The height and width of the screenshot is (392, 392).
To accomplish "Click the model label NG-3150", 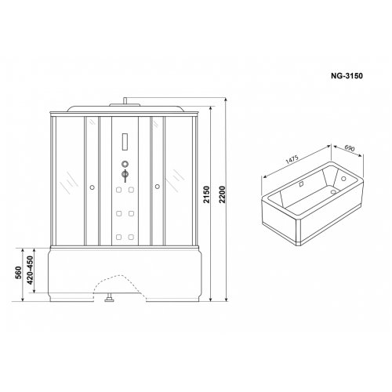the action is coord(347,76).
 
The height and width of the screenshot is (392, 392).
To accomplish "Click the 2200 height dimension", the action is coord(222,194).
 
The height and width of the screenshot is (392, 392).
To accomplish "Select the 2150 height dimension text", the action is coord(207,194).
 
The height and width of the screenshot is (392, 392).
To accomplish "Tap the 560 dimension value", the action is coord(18,273).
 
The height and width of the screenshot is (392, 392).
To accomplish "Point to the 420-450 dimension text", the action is coord(30,270).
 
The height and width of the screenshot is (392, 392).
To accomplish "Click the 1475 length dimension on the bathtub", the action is coord(292,160).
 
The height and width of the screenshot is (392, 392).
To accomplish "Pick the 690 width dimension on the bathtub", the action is coord(350,148).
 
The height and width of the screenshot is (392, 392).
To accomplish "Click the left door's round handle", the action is coord(92,187).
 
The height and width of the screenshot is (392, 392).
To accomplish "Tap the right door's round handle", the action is coord(157,187).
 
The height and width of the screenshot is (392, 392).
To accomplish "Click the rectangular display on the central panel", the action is coord(125,142).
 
